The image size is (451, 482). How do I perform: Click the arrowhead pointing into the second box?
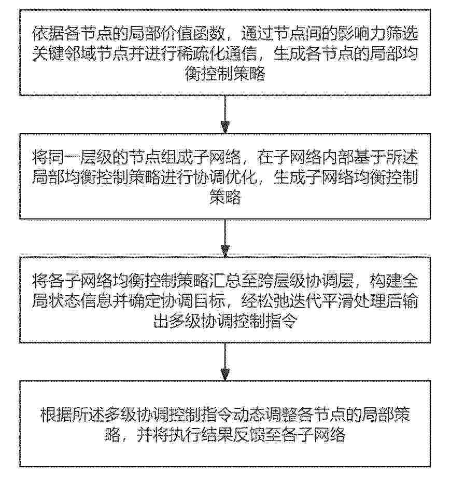point(225,127)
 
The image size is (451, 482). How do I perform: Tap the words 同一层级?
point(80,158)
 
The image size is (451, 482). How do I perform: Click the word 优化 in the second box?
point(241,178)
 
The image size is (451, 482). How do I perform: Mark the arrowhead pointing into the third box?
point(225,251)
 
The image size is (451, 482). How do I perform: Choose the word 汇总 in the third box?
point(224,282)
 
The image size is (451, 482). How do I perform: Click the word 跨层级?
point(280,282)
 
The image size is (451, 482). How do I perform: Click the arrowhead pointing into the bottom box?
point(225,374)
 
